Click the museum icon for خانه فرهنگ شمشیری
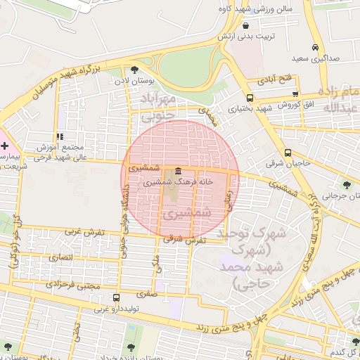(176, 172)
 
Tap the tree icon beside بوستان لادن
(134, 69)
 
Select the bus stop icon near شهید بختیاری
(250, 98)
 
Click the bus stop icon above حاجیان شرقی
(288, 153)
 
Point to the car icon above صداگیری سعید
(314, 47)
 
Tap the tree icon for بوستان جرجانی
(347, 185)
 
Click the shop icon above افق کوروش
(295, 94)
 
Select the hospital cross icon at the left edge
(6, 146)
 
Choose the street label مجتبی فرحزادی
(73, 285)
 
